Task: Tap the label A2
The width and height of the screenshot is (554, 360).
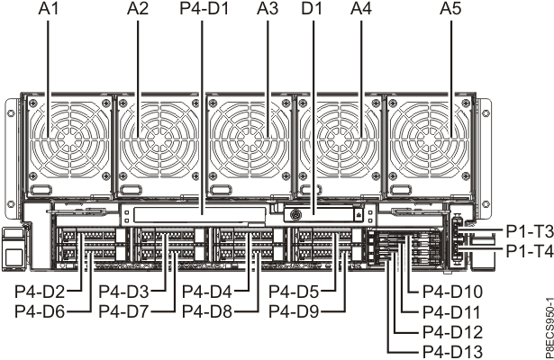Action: (138, 11)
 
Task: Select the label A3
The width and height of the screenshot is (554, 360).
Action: (267, 11)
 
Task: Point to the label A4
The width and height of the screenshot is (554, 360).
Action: (360, 11)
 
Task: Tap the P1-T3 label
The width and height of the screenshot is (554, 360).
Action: (529, 231)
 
